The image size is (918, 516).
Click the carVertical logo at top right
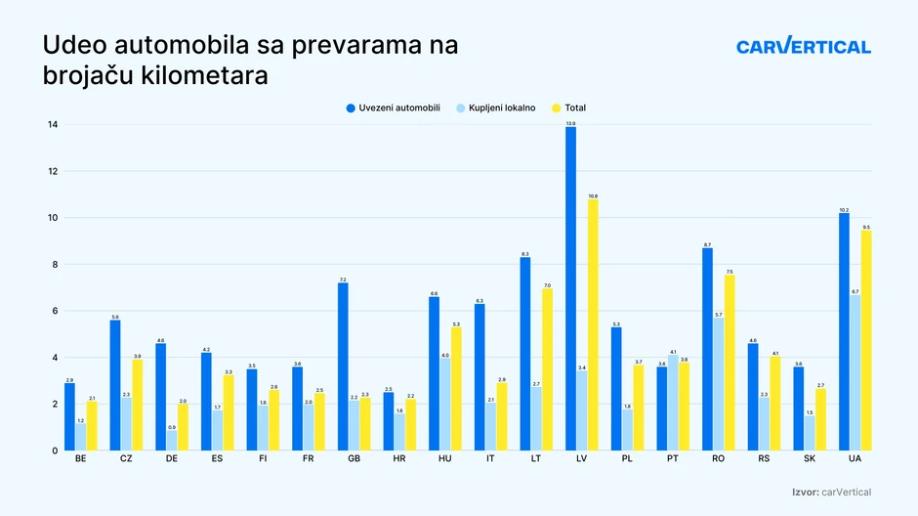(803, 46)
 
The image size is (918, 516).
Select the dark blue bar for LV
(570, 288)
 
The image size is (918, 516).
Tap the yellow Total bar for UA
(866, 340)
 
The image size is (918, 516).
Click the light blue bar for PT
(673, 402)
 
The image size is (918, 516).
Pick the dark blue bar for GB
(343, 366)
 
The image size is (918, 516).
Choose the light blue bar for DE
(172, 440)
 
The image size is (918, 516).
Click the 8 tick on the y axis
(54, 265)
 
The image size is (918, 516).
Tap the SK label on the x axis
(811, 458)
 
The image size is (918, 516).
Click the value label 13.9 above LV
(570, 123)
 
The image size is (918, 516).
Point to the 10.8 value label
(593, 195)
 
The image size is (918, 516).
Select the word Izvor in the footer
(806, 493)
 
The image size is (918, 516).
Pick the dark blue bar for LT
(525, 354)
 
